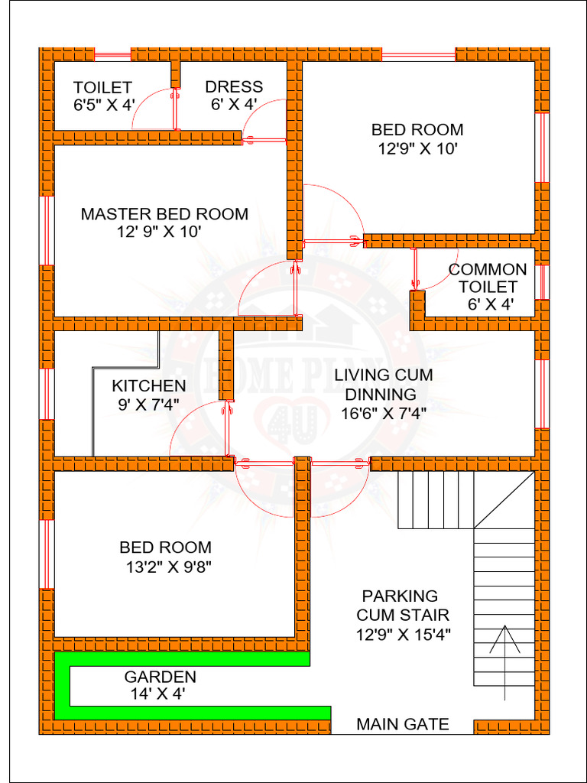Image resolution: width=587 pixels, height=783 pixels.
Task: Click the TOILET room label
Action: [102, 88]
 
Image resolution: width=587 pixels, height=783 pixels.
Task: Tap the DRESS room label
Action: [234, 87]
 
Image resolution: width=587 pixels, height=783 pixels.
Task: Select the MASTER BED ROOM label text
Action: [164, 214]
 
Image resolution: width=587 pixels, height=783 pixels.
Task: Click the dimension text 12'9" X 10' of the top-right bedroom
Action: [417, 149]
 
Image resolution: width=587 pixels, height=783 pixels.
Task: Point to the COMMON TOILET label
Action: [488, 278]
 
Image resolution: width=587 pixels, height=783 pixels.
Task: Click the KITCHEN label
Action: [149, 386]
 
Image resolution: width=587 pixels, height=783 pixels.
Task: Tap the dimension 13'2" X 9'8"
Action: [168, 567]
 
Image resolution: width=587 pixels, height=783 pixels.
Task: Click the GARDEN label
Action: [161, 677]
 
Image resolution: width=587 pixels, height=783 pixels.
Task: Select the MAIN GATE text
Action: [403, 724]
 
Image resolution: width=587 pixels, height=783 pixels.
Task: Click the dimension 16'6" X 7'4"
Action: [384, 414]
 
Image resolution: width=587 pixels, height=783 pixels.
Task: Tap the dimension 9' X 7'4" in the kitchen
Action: [148, 404]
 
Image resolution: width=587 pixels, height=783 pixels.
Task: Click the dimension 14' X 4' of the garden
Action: [157, 694]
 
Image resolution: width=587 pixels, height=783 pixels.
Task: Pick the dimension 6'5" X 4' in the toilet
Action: [104, 106]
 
